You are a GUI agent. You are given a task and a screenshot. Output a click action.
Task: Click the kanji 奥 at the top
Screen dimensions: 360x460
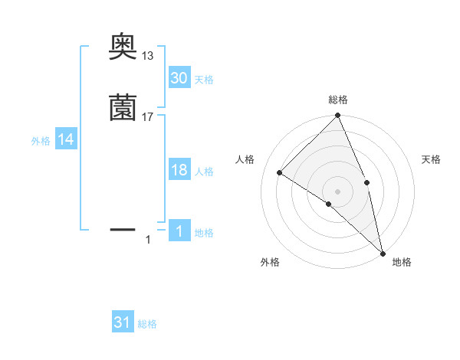[123, 47]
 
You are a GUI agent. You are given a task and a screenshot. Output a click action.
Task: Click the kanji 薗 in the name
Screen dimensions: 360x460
[123, 108]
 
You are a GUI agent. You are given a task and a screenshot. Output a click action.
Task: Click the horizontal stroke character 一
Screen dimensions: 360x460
[123, 228]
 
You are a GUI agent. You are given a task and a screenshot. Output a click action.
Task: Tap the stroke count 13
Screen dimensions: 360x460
[148, 56]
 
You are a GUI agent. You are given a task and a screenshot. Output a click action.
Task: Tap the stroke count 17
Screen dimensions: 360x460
[148, 116]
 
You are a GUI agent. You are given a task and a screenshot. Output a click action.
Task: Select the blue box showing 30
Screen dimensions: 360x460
[179, 77]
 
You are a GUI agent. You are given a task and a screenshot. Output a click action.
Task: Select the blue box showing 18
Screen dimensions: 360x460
[179, 170]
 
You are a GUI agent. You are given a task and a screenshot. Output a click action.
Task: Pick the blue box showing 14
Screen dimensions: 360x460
[66, 139]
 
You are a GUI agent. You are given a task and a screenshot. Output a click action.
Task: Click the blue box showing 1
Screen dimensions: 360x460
[179, 231]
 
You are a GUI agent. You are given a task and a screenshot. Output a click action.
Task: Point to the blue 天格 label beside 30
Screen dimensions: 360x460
[204, 80]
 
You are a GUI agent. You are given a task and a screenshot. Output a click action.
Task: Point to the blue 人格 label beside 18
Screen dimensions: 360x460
[204, 172]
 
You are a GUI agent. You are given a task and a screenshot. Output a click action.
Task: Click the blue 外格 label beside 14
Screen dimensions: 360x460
[41, 141]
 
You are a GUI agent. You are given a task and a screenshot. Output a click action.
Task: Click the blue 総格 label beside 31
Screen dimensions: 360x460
[147, 324]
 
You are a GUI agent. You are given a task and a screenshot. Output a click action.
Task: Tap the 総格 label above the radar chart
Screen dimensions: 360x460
[338, 100]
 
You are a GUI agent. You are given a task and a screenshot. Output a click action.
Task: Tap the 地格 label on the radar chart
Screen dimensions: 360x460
[402, 262]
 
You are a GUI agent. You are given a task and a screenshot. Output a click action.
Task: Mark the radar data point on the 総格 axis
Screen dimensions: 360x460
[338, 116]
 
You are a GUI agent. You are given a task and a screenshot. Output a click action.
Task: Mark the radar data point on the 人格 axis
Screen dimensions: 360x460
[280, 172]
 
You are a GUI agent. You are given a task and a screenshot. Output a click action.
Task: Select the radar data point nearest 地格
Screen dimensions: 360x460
[383, 253]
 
